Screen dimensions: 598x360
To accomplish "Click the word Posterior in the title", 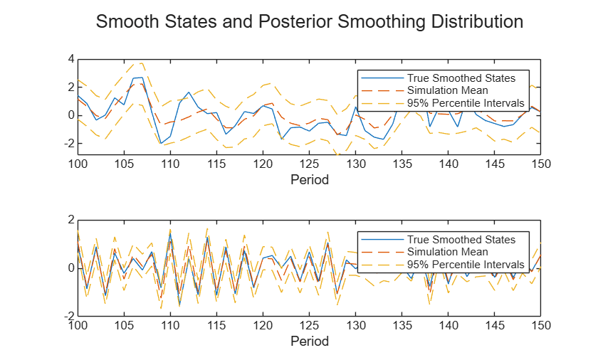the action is (x=295, y=21).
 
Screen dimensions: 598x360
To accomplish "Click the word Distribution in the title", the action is (x=477, y=21).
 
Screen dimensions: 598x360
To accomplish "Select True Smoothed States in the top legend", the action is (x=461, y=78).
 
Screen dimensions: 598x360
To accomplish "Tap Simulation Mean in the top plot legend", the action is (x=447, y=90).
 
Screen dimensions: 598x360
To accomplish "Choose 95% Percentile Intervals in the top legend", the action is (x=466, y=103).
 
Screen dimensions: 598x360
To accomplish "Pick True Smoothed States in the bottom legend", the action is (x=461, y=240).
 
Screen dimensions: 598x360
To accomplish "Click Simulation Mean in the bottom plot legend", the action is (x=447, y=252).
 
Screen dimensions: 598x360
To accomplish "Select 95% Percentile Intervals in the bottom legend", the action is (x=466, y=265).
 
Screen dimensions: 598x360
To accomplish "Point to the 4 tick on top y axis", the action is (x=71, y=59).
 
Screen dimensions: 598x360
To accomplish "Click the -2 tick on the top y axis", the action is (x=69, y=144).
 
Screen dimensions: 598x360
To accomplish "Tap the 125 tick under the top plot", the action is (x=309, y=164).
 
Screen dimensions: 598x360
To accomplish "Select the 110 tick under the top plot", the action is (x=170, y=164).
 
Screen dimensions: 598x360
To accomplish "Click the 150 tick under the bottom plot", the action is (x=541, y=326).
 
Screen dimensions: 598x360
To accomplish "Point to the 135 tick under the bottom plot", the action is (x=402, y=326).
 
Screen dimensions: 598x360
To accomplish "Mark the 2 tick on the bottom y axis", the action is (x=71, y=220).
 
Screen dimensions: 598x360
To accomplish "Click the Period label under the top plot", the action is (x=309, y=180).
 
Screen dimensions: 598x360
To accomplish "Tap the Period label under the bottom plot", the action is (x=309, y=342).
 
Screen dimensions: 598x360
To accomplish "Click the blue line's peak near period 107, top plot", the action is (x=142, y=78).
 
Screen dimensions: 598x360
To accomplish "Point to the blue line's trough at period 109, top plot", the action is (x=161, y=143).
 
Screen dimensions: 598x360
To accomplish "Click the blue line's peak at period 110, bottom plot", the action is (x=170, y=233).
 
